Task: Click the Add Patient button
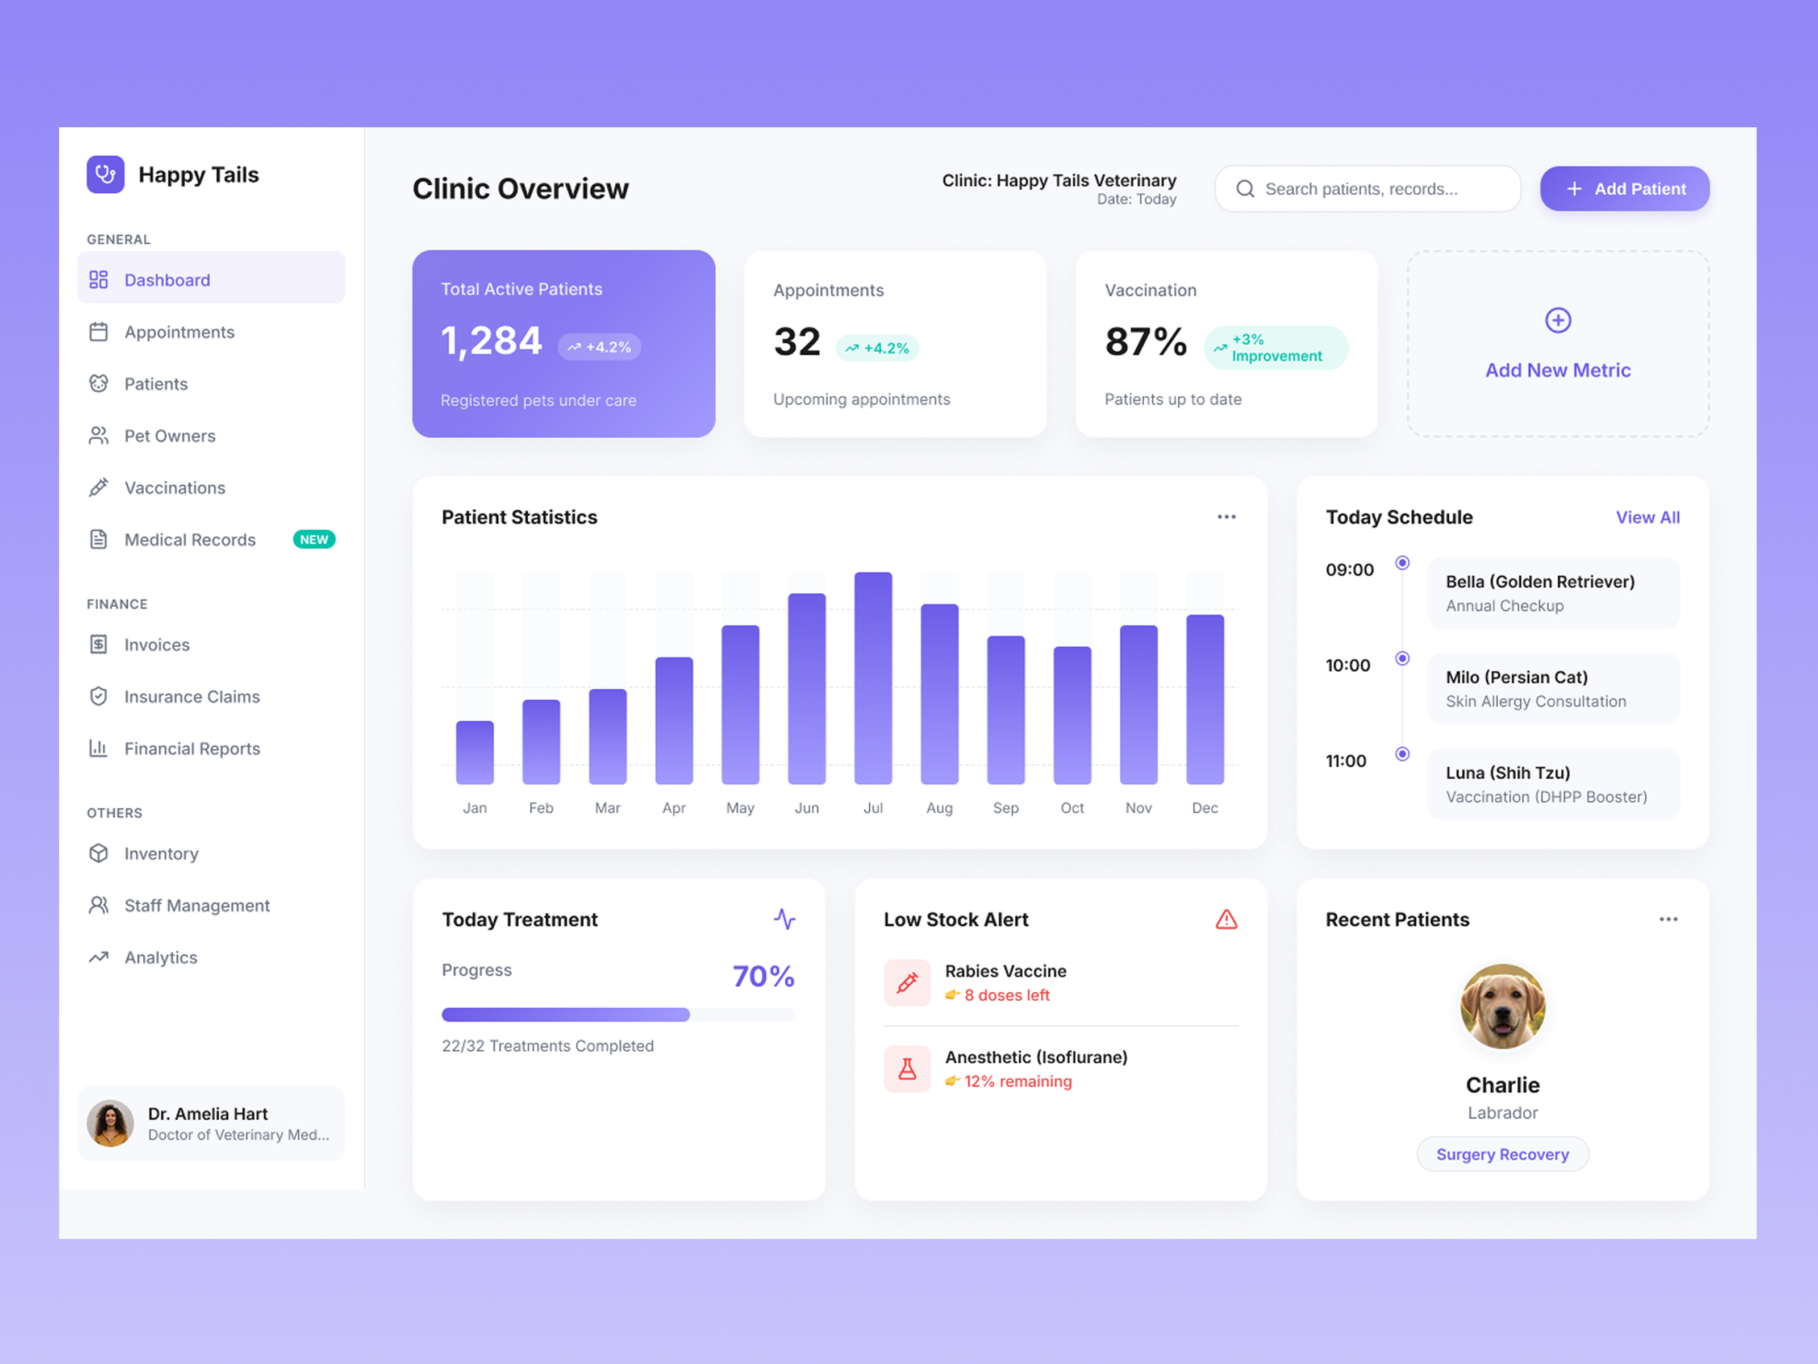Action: coord(1624,189)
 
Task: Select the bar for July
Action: coord(873,677)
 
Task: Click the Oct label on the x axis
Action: coord(1071,808)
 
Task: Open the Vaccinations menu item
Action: coord(174,488)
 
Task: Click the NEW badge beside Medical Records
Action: coord(314,539)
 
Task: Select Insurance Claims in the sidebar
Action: coord(191,696)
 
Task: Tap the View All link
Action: coord(1647,517)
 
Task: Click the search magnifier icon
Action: coord(1245,189)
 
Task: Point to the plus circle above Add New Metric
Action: coord(1557,320)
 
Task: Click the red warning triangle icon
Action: coord(1226,919)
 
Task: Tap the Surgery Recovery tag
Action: coord(1502,1154)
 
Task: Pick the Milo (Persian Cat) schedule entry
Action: coord(1553,688)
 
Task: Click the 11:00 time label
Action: coord(1345,760)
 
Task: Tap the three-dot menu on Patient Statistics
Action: coord(1226,517)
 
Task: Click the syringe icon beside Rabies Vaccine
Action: coord(907,983)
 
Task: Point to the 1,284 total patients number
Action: coord(491,340)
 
